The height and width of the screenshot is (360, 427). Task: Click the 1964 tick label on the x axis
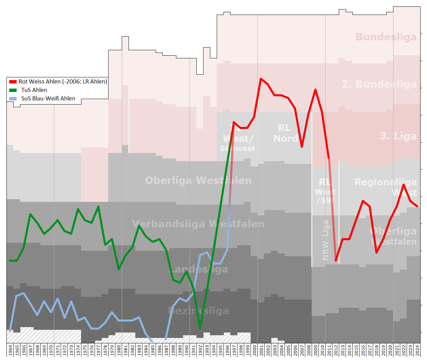click(10, 350)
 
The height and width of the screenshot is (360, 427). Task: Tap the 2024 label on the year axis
click(417, 350)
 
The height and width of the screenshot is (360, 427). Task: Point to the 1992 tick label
click(200, 350)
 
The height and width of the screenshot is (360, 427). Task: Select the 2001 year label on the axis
click(261, 350)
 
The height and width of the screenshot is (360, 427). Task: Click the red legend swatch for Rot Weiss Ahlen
click(13, 82)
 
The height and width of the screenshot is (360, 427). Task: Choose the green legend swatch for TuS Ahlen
click(13, 90)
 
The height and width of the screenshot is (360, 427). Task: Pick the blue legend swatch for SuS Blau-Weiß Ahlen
click(13, 99)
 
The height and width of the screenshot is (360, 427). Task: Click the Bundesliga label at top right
click(386, 37)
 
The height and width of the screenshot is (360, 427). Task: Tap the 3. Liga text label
click(398, 136)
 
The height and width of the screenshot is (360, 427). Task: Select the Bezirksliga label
click(198, 311)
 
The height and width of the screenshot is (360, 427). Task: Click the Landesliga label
click(198, 269)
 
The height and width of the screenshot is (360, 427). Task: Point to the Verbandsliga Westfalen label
click(198, 224)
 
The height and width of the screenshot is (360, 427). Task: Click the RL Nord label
click(285, 133)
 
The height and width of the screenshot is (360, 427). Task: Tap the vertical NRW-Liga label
click(326, 240)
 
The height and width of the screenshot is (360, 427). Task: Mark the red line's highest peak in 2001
click(261, 79)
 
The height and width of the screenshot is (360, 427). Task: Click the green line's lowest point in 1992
click(200, 328)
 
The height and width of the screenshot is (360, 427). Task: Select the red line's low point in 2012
click(336, 261)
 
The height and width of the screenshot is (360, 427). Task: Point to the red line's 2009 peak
click(315, 90)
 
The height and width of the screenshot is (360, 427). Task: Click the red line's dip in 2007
click(302, 147)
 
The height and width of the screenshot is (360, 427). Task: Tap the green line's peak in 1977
click(98, 206)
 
